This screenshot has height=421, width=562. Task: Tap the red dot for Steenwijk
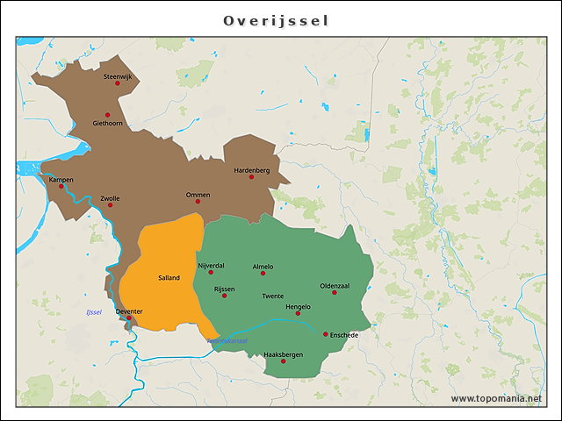coord(118,83)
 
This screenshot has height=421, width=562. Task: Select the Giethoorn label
coord(107,124)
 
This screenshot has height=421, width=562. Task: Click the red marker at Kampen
coord(61,186)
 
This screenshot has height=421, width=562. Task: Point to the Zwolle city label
coord(110,198)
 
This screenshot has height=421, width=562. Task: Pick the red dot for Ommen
coord(198,201)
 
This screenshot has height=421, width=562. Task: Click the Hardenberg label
coord(251,169)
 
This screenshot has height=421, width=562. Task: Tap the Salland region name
coord(169,278)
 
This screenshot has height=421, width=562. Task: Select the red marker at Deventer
coord(129,318)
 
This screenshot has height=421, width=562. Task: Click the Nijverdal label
coord(212,265)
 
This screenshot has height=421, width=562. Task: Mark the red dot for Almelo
coord(263,273)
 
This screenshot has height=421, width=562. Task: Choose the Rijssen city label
coord(224,288)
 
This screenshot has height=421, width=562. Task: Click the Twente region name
coord(273,296)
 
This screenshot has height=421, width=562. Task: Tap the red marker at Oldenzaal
coord(335,292)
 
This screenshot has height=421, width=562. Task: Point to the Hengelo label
coord(299,306)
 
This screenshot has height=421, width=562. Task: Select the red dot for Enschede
coord(326,333)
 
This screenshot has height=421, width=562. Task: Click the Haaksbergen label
coord(283,353)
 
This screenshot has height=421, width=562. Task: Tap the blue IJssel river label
coord(94,312)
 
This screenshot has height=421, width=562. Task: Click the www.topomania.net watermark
coord(496,399)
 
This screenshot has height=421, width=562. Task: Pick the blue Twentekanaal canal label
coord(227,340)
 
